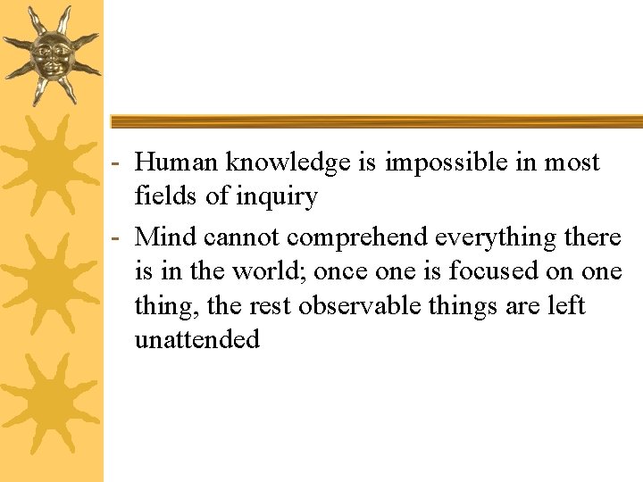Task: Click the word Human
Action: tap(177, 162)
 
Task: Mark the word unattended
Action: tap(196, 339)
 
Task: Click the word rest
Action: tap(270, 305)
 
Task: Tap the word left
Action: tap(564, 305)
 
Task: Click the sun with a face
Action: tap(51, 54)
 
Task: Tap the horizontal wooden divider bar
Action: tap(375, 121)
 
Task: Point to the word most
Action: tap(572, 163)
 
